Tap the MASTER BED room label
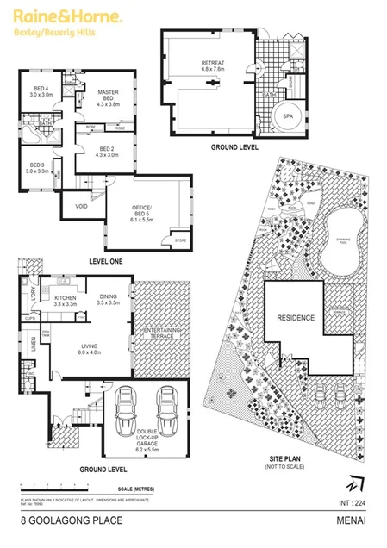(x=109, y=96)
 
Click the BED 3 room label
(x=38, y=167)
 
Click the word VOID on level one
(x=80, y=207)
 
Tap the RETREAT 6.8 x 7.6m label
(x=213, y=66)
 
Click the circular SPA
(x=286, y=121)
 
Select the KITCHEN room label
(x=66, y=299)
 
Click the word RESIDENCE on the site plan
(x=296, y=318)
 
